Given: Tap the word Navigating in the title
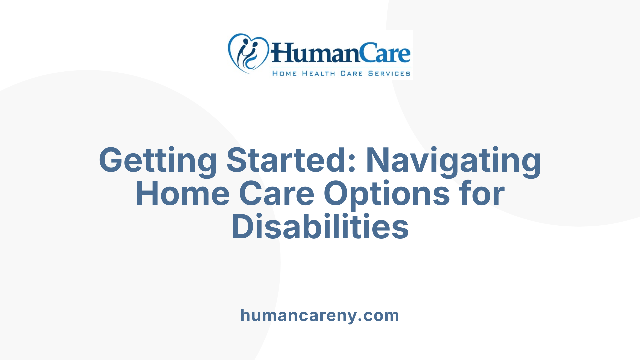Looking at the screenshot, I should pyautogui.click(x=453, y=161).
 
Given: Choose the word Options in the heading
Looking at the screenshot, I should pyautogui.click(x=387, y=194).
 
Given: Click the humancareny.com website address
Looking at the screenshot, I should pyautogui.click(x=320, y=315).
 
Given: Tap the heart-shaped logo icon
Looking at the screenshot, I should pyautogui.click(x=248, y=53).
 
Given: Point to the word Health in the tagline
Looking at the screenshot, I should pyautogui.click(x=318, y=73).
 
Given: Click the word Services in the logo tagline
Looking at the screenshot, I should pyautogui.click(x=389, y=73).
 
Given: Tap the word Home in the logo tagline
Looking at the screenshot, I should pyautogui.click(x=284, y=73).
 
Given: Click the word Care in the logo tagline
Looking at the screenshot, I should pyautogui.click(x=351, y=73).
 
